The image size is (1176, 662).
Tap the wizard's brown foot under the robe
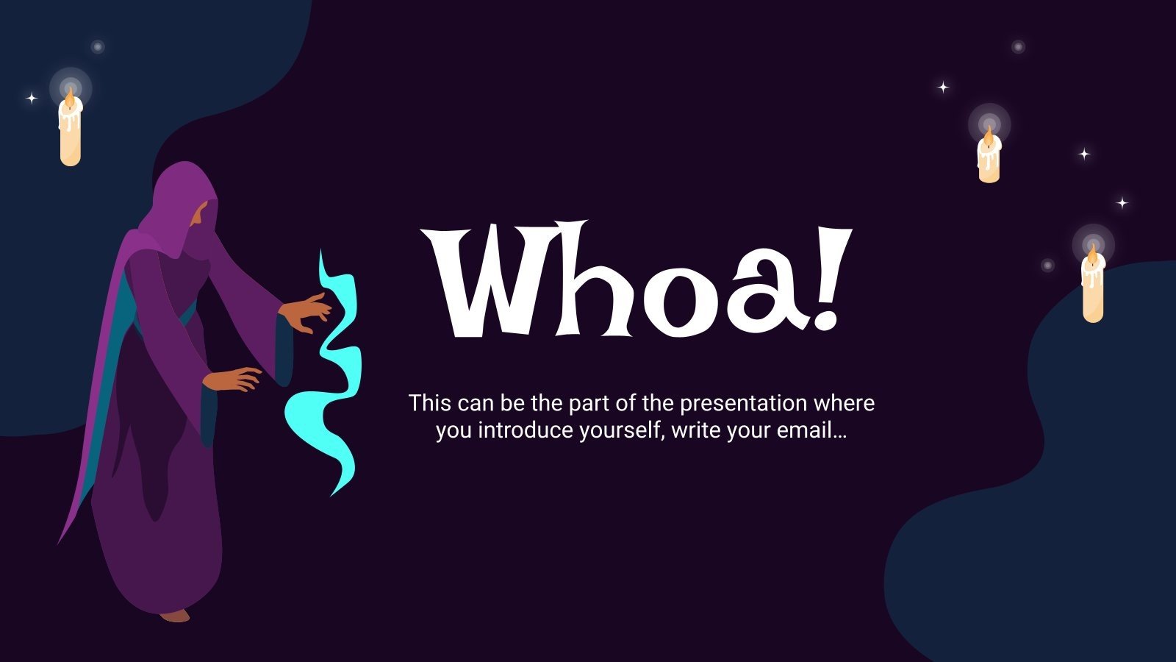pos(175,615)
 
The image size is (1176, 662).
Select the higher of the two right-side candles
pos(989,157)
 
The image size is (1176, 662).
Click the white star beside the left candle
pos(32,98)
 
